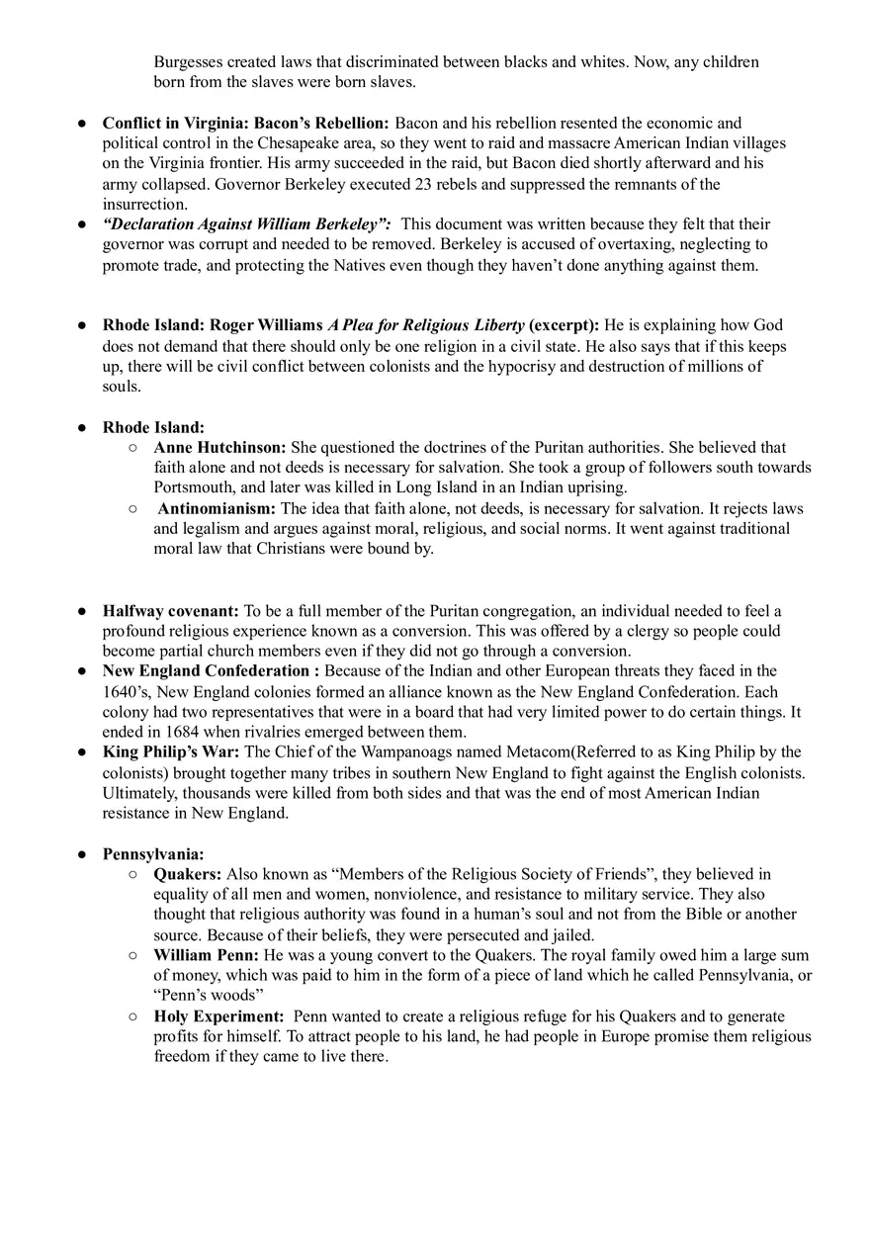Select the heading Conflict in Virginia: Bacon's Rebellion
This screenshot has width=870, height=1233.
point(245,124)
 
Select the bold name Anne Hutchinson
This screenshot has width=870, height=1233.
point(219,448)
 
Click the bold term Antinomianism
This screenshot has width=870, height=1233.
point(217,509)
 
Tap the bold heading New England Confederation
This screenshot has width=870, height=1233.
point(206,671)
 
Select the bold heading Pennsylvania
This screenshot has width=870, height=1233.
point(153,854)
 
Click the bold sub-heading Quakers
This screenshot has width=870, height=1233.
point(188,874)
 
